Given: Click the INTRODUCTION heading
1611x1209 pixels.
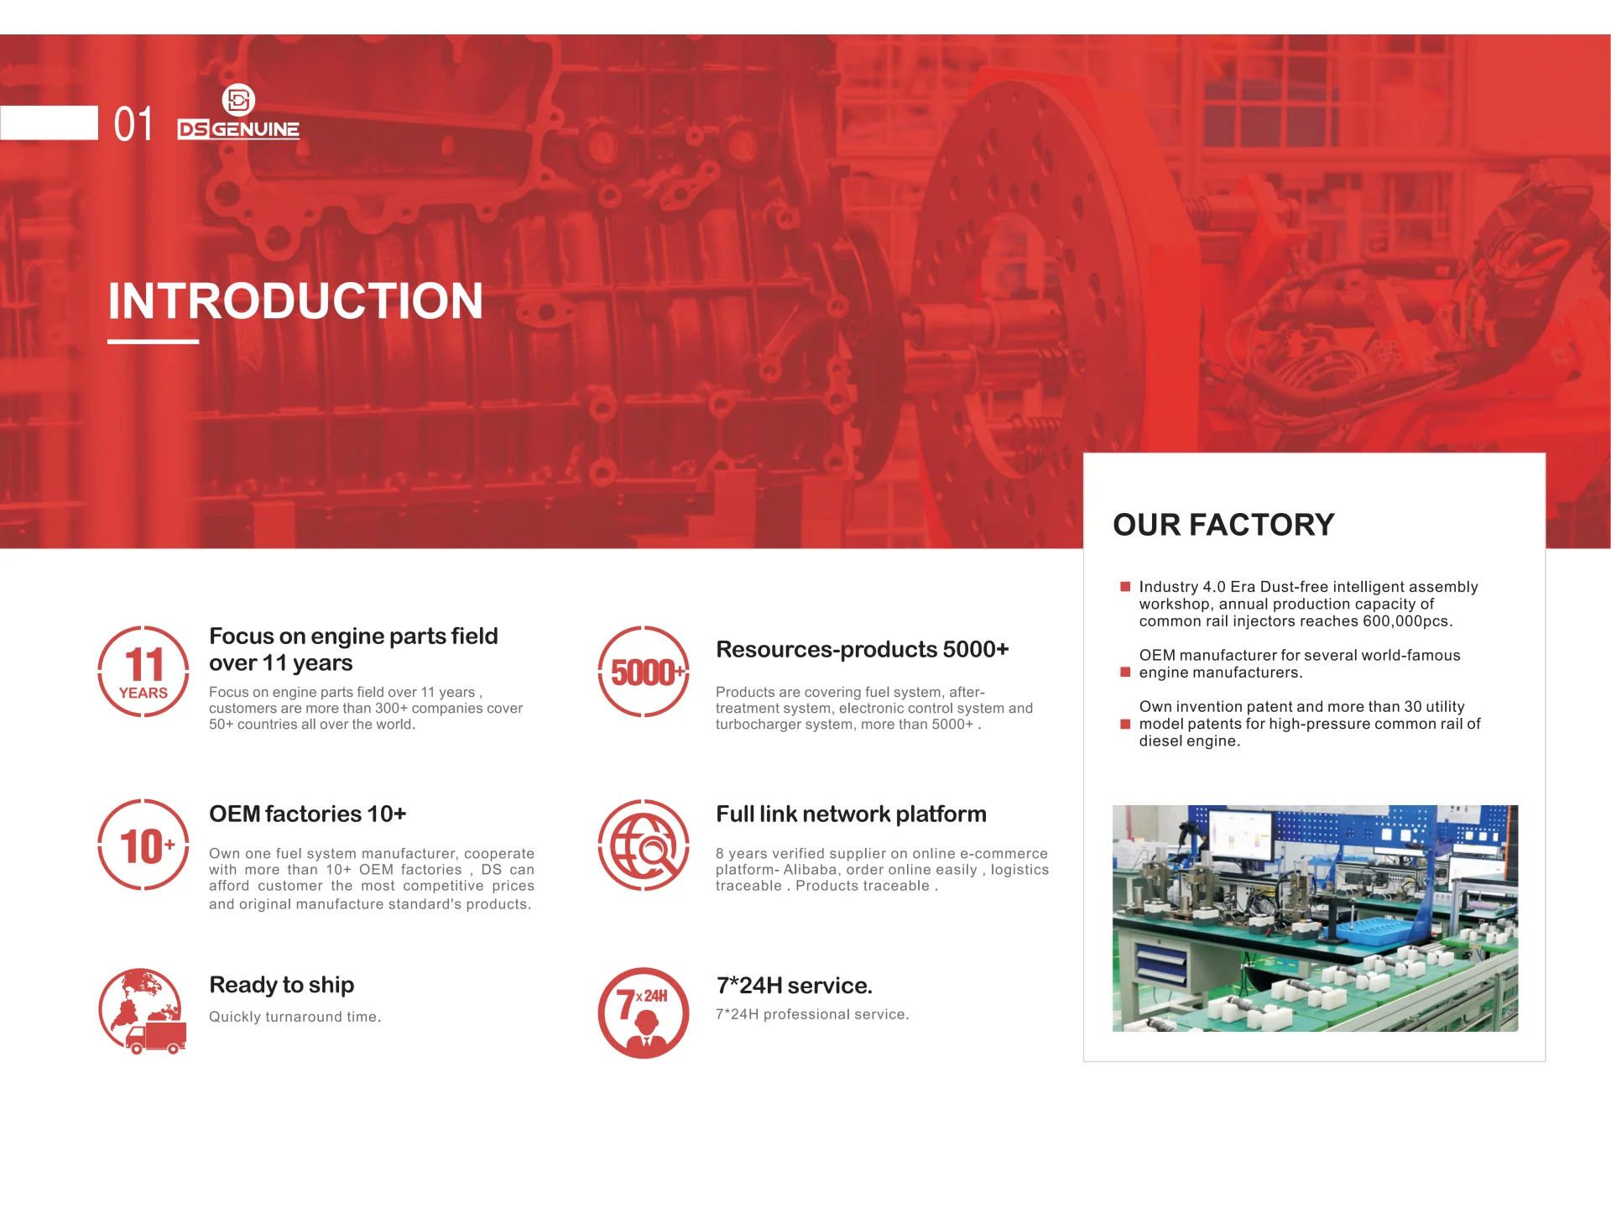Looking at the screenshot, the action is (295, 301).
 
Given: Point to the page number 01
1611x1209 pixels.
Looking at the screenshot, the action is (133, 124).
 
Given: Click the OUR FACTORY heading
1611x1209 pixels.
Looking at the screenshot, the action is (1223, 525).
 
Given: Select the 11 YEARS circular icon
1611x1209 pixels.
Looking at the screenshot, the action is (143, 672).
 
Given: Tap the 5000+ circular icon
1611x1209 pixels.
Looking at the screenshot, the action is (644, 672).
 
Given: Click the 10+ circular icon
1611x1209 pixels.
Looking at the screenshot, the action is (143, 845).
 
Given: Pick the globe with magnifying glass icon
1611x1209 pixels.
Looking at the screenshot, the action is (644, 845).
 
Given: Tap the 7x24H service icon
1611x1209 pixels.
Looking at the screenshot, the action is (644, 1013).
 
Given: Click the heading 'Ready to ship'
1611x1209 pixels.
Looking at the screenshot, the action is (282, 985).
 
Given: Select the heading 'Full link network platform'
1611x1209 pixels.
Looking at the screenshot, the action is (851, 814).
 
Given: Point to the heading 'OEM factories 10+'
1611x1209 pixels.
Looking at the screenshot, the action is (308, 814).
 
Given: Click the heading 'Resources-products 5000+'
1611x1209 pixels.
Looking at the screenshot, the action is (863, 650).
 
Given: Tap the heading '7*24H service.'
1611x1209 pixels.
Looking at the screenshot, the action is (795, 986).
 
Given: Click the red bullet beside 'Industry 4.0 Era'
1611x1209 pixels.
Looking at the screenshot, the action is (1125, 587).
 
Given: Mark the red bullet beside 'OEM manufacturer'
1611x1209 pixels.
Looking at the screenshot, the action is (1125, 672).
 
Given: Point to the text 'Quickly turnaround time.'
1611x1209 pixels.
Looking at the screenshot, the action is (295, 1017).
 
